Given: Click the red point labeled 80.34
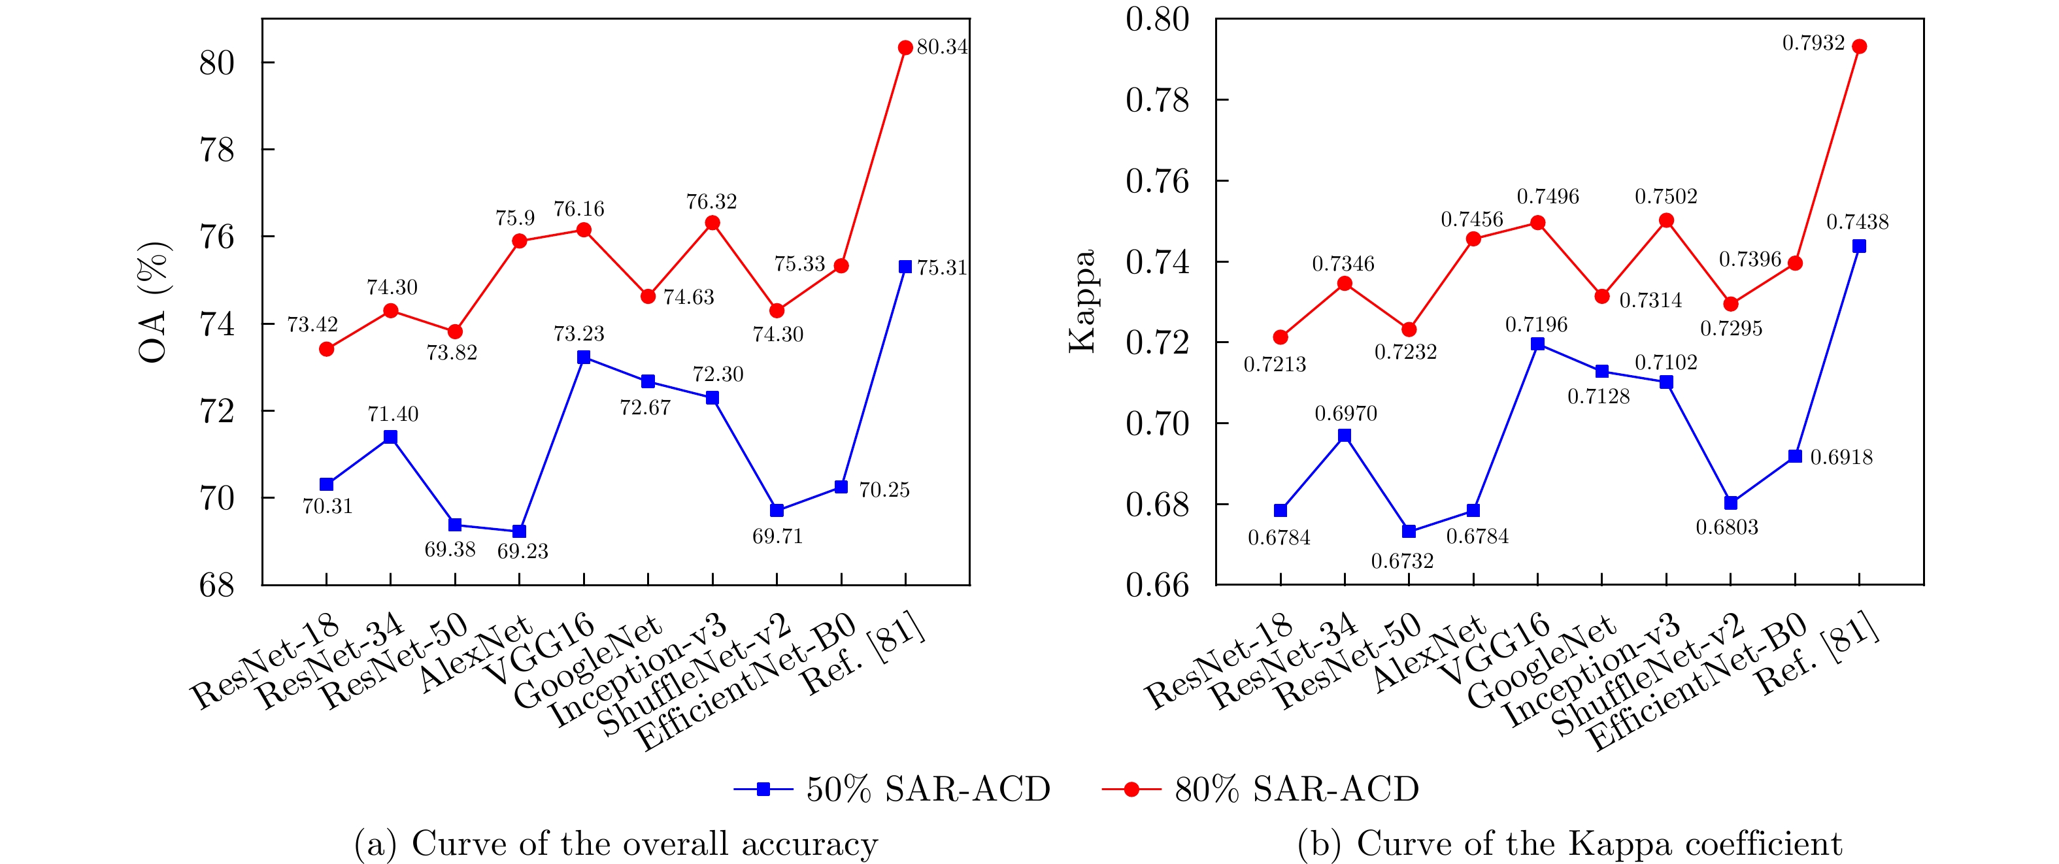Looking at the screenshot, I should click(x=905, y=48).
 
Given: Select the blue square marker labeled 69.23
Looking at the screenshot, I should click(x=520, y=531).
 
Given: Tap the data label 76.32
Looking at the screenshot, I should click(x=711, y=201).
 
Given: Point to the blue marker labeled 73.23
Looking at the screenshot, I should click(x=584, y=357).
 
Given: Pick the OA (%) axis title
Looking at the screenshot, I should click(x=154, y=301).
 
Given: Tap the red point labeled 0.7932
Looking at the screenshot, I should click(x=1859, y=47).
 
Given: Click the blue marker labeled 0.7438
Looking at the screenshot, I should click(x=1859, y=246).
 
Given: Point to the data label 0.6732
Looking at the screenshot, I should click(x=1402, y=561).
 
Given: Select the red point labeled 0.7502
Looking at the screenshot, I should click(x=1667, y=221).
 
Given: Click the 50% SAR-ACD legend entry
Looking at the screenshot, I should click(x=891, y=789).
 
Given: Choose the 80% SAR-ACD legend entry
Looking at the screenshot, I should click(x=1260, y=789).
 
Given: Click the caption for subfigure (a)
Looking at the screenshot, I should click(x=616, y=844).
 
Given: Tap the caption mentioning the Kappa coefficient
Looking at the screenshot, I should click(x=1569, y=844).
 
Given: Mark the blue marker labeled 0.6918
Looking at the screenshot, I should click(x=1795, y=456).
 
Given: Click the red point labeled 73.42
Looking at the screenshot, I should click(x=326, y=349).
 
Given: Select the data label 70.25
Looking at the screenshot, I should click(x=884, y=490).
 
